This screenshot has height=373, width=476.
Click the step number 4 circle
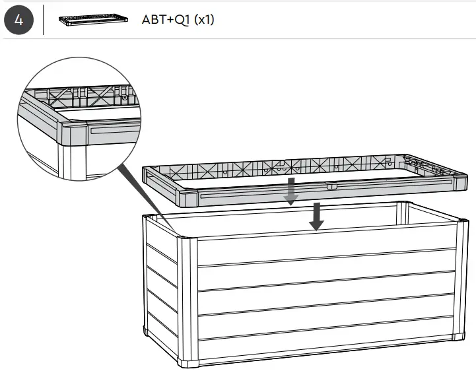pos(18,19)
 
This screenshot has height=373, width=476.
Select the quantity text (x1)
pos(203,19)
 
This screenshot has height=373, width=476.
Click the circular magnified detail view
pos(79,119)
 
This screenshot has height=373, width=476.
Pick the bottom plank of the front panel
pos(323,337)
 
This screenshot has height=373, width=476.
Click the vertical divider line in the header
pos(44,19)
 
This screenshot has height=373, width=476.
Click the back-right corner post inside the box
pos(402,213)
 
